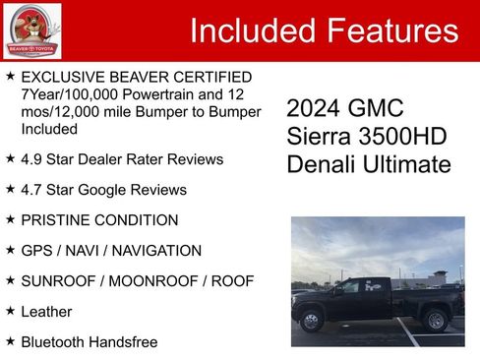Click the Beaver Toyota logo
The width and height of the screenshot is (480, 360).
[x=31, y=30]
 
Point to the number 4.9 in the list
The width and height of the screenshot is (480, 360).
[x=31, y=158]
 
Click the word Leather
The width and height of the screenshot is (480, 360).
[x=46, y=311]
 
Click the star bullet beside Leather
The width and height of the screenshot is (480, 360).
[x=10, y=311]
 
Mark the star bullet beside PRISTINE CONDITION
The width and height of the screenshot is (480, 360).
[x=10, y=219]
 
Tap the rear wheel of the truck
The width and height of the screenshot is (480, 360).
[x=435, y=320]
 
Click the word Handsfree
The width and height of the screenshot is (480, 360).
[x=124, y=341]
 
